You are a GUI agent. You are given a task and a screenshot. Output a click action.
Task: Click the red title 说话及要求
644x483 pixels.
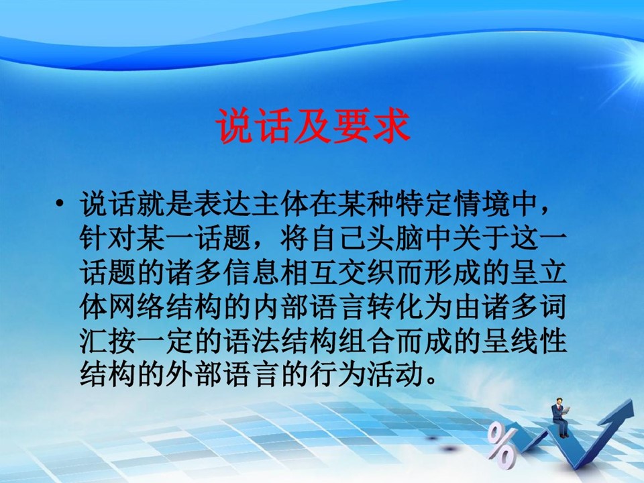pos(313,126)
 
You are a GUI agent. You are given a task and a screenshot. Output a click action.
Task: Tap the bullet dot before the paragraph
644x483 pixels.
pos(60,203)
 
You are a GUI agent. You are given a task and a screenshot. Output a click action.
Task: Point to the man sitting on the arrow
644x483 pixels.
pos(560,417)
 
